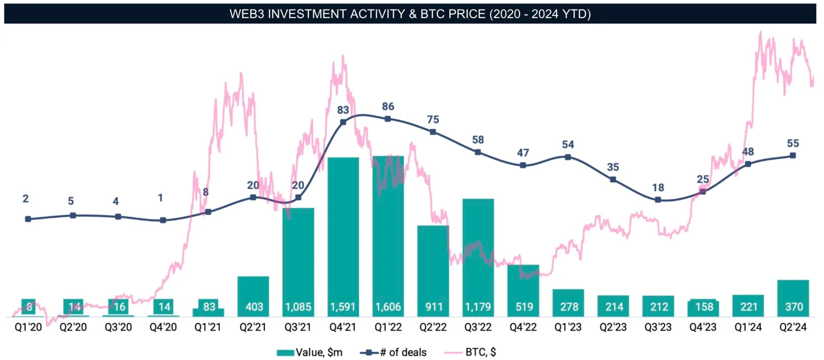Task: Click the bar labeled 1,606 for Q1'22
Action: click(x=388, y=236)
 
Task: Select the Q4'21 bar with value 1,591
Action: click(x=343, y=236)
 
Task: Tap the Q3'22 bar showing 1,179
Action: click(x=478, y=257)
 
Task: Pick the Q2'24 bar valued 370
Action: click(x=793, y=298)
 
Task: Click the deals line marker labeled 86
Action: click(x=388, y=119)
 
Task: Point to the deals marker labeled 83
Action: click(x=343, y=122)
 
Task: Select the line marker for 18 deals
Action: click(x=658, y=200)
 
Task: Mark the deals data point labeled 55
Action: click(x=793, y=155)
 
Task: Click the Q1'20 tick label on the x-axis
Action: click(x=28, y=327)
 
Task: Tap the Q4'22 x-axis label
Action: click(x=523, y=327)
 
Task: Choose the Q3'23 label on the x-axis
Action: click(x=658, y=327)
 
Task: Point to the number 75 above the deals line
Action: click(x=433, y=120)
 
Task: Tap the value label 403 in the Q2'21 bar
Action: click(x=254, y=307)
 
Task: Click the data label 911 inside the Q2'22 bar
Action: click(x=434, y=307)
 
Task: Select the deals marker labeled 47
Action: click(x=523, y=165)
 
